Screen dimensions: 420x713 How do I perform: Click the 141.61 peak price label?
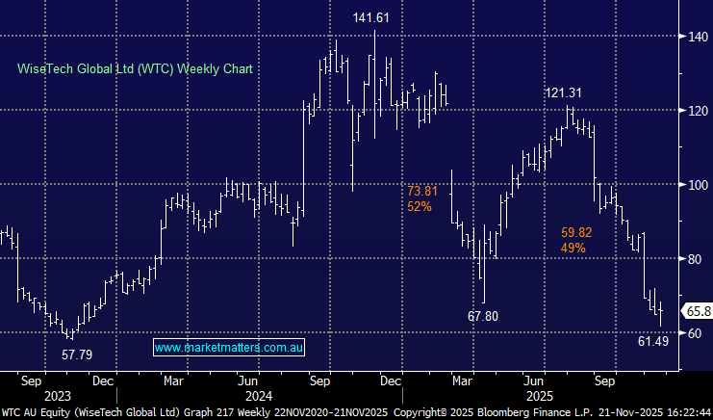point(374,16)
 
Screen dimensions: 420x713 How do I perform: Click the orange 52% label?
point(420,207)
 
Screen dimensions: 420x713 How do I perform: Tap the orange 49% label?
point(573,248)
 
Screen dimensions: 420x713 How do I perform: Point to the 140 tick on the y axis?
point(696,37)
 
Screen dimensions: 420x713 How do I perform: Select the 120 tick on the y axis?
point(696,111)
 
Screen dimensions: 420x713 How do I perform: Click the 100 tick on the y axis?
point(696,184)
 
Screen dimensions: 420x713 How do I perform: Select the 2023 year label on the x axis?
point(58,395)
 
